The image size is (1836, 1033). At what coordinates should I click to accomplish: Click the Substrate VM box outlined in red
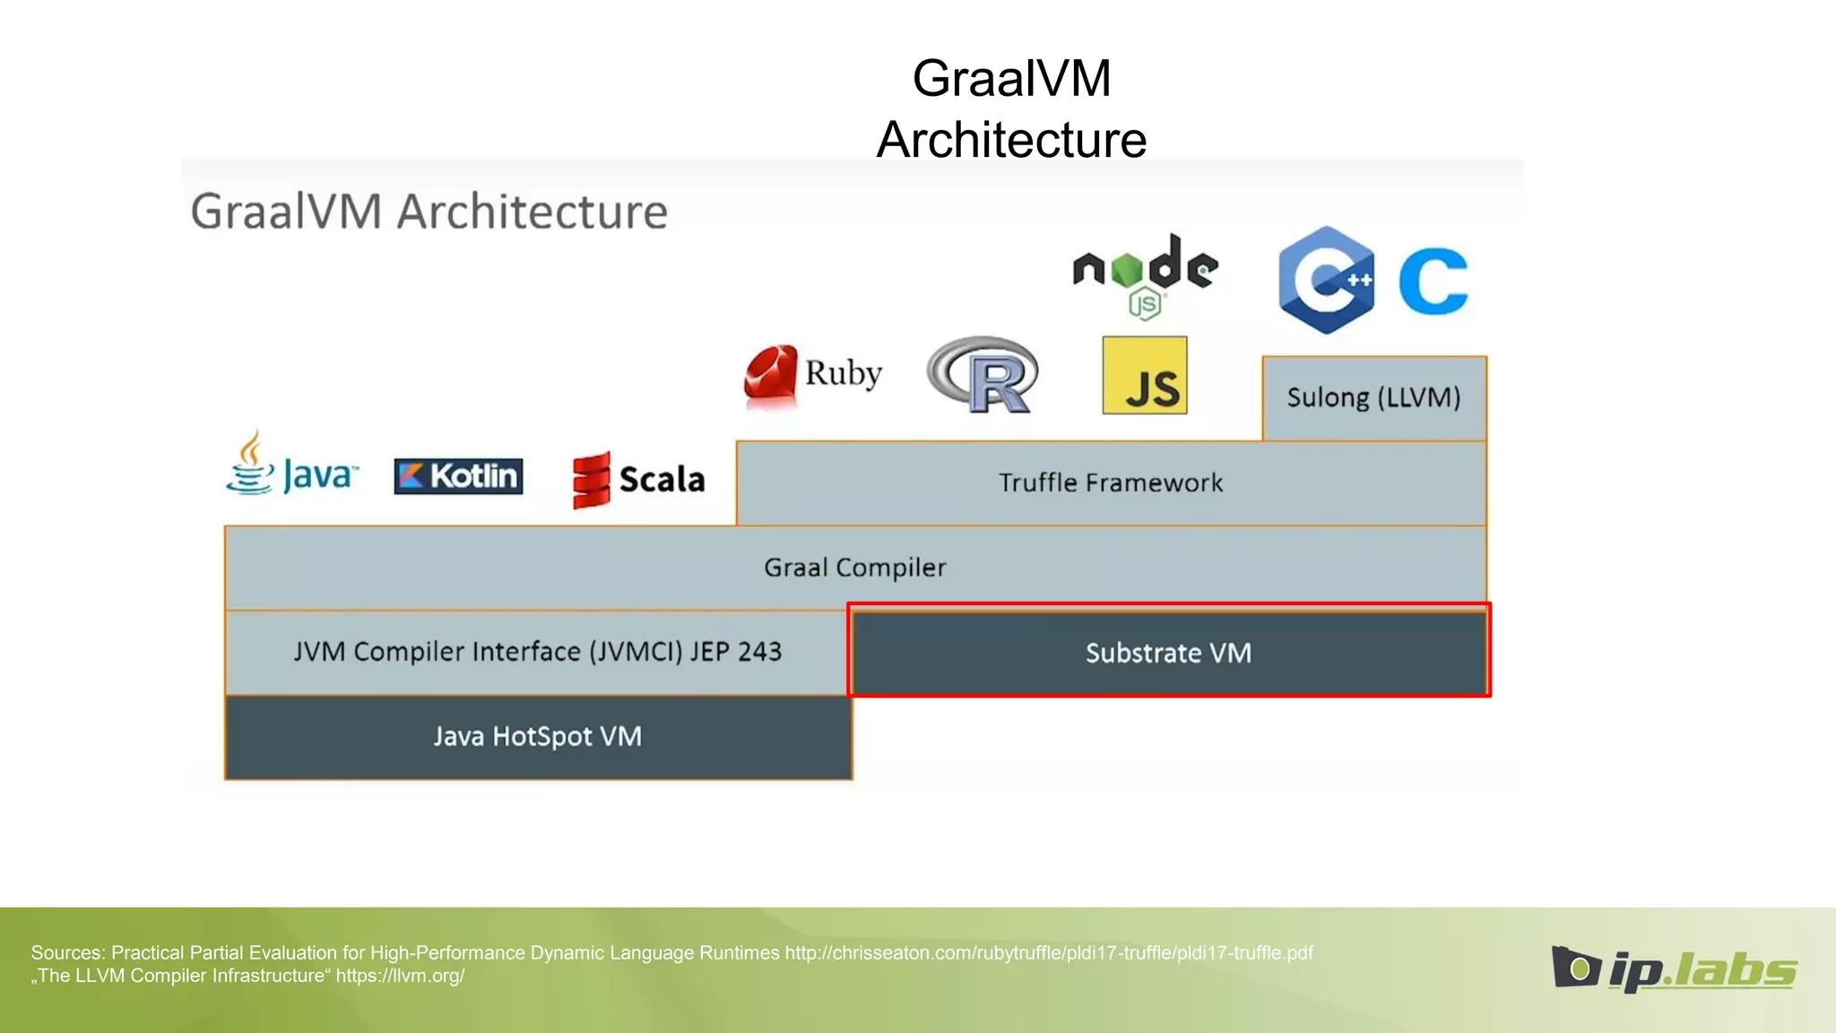click(1168, 652)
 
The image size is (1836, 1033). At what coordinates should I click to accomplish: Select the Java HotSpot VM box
click(538, 736)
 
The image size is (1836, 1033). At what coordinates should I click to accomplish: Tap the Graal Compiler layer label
click(854, 568)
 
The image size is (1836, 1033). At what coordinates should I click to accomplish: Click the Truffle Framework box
click(1110, 483)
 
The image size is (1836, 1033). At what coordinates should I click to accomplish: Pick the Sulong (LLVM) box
click(1373, 397)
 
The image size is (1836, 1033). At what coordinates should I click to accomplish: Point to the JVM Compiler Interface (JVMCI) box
click(537, 652)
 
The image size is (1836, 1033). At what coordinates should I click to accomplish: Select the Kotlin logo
click(458, 476)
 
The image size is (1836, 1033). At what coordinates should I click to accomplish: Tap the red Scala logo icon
click(591, 480)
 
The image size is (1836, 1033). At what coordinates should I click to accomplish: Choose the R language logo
click(983, 375)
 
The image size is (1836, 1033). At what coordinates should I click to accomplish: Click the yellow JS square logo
click(1145, 376)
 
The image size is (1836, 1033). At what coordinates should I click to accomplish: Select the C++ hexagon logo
click(1327, 280)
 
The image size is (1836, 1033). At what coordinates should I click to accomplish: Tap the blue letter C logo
click(1433, 282)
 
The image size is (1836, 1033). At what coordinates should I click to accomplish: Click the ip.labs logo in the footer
click(1674, 969)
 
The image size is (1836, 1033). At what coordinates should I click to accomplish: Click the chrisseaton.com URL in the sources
click(1049, 953)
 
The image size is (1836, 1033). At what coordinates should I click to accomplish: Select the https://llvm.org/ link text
click(400, 977)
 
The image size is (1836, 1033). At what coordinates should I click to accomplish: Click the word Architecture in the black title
click(1011, 140)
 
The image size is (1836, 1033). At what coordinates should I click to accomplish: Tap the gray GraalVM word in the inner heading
click(286, 213)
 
